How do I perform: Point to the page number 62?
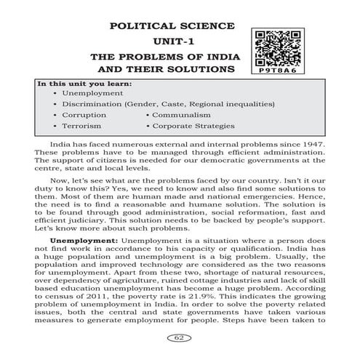click(x=179, y=337)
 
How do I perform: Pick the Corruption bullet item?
click(x=84, y=115)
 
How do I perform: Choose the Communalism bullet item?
click(x=182, y=115)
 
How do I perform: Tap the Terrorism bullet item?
click(x=83, y=126)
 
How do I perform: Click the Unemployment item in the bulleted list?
click(x=92, y=94)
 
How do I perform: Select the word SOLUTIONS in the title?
click(x=205, y=69)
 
